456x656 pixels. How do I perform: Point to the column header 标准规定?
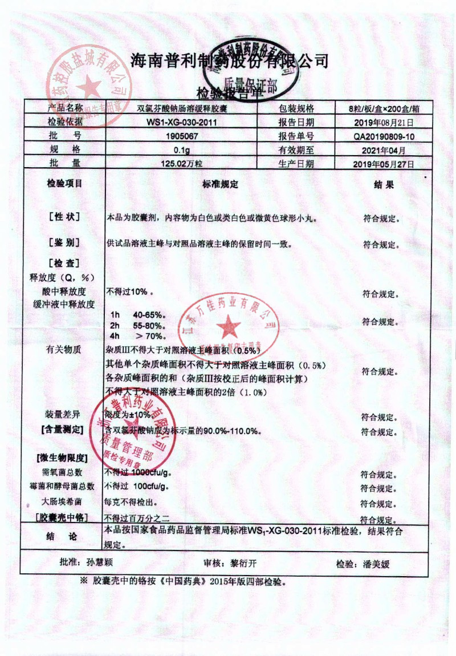pyautogui.click(x=219, y=184)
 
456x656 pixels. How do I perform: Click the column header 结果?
pyautogui.click(x=383, y=184)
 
